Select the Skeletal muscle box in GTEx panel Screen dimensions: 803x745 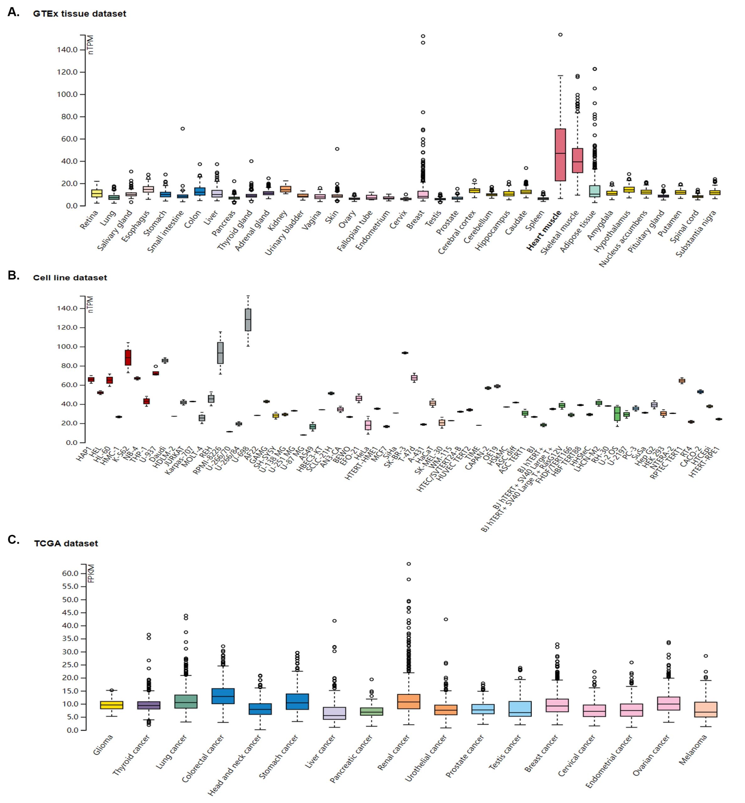point(577,160)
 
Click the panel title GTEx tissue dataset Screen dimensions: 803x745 point(79,14)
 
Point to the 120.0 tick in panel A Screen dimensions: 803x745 point(67,72)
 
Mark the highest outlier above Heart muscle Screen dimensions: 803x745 point(560,35)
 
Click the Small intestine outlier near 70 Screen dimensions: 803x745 point(183,129)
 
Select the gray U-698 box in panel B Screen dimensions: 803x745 point(248,320)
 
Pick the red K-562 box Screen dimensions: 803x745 point(128,357)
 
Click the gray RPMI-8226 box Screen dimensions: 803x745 point(220,353)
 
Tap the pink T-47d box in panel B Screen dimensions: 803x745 point(414,378)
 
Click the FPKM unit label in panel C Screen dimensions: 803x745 point(91,573)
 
